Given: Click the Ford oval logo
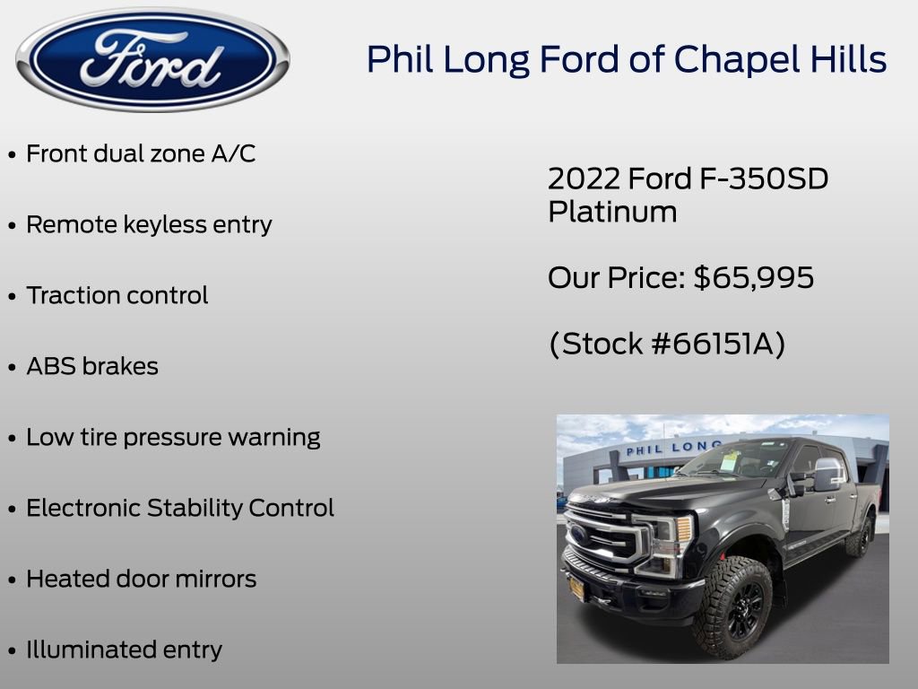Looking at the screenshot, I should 152,59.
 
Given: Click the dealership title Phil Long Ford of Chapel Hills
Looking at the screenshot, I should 627,59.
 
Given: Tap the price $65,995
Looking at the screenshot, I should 754,278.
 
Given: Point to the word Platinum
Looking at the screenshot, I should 612,213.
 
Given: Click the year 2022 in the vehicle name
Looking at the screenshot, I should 584,179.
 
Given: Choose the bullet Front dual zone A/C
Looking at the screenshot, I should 141,153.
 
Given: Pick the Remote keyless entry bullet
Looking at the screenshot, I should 149,224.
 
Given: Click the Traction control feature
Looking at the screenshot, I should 117,295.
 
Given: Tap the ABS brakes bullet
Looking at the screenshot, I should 91,366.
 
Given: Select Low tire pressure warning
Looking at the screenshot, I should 173,437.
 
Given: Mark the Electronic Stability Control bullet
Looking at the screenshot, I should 179,508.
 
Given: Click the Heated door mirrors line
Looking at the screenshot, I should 141,579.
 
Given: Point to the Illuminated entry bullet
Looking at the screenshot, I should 124,650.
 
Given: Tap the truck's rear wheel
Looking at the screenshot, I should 860,536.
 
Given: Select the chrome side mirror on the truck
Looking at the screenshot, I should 827,474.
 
